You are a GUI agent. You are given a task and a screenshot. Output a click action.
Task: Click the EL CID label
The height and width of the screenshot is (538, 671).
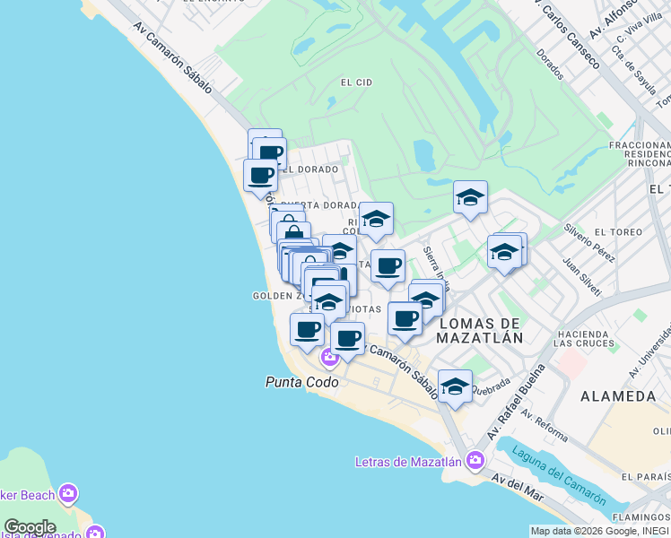tap(356, 82)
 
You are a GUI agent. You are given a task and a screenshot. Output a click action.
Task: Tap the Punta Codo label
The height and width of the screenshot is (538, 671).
tap(301, 382)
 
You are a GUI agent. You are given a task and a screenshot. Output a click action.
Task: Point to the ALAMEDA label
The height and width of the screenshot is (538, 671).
tap(618, 395)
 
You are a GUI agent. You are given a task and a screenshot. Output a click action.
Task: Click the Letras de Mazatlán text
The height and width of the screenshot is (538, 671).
tap(407, 463)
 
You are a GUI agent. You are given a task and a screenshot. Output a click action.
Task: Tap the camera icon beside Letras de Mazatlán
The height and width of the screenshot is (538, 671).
tap(475, 462)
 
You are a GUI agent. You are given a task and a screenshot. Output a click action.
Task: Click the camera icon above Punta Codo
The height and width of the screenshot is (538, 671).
tap(329, 357)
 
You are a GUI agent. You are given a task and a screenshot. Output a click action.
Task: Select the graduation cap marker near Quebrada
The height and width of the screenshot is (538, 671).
tap(455, 386)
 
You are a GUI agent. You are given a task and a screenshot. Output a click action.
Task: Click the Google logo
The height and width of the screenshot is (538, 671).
tap(30, 527)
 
